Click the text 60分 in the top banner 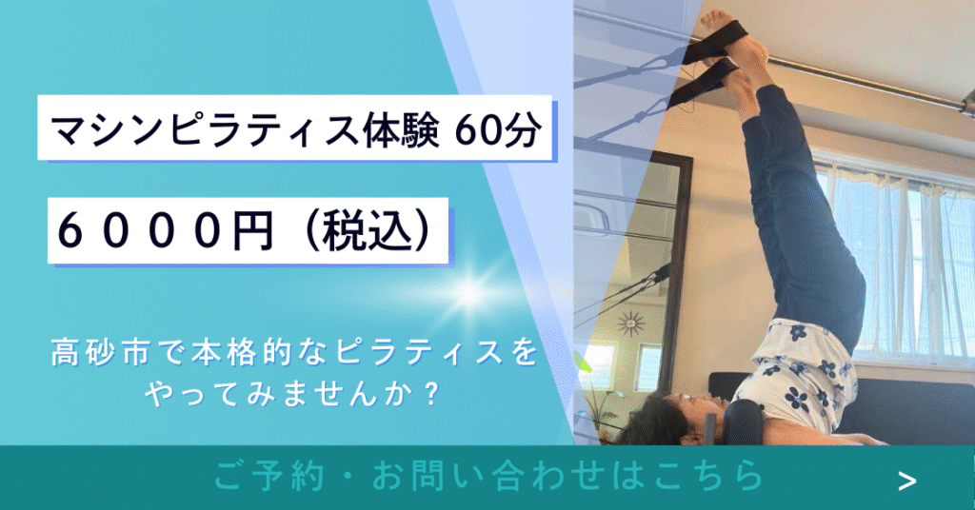pos(496,129)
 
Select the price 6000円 pos(166,231)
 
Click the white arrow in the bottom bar pos(907,481)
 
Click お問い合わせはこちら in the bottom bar pos(567,477)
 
